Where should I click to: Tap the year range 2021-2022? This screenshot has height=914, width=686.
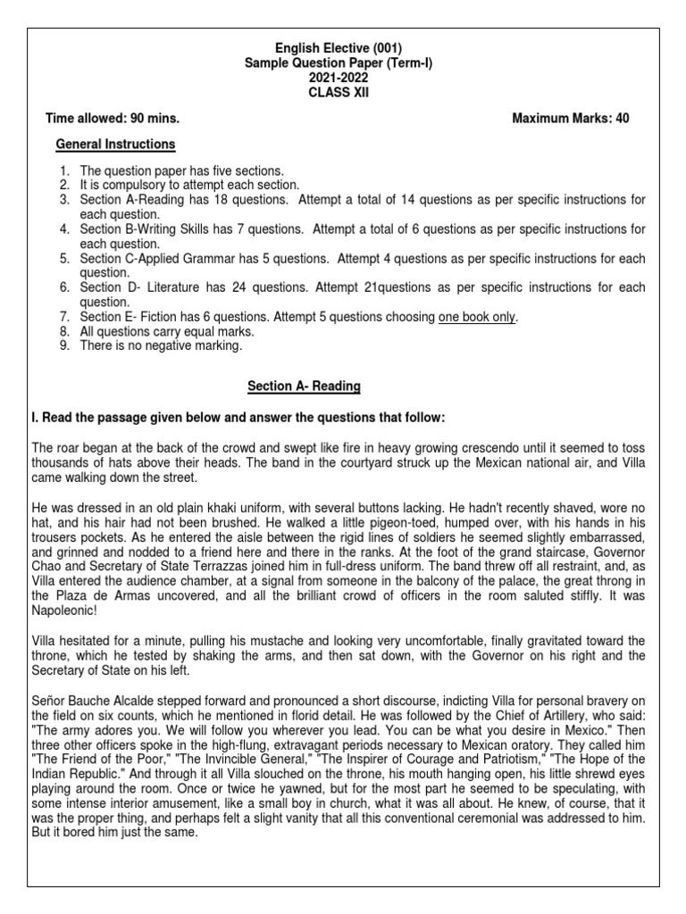(x=343, y=78)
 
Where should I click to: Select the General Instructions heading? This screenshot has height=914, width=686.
(x=115, y=144)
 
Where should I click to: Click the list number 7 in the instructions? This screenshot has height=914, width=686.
(x=64, y=317)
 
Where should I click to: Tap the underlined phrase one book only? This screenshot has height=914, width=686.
(x=477, y=317)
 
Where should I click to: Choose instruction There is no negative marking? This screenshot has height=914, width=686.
(x=161, y=345)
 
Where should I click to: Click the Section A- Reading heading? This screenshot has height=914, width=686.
(x=304, y=386)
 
